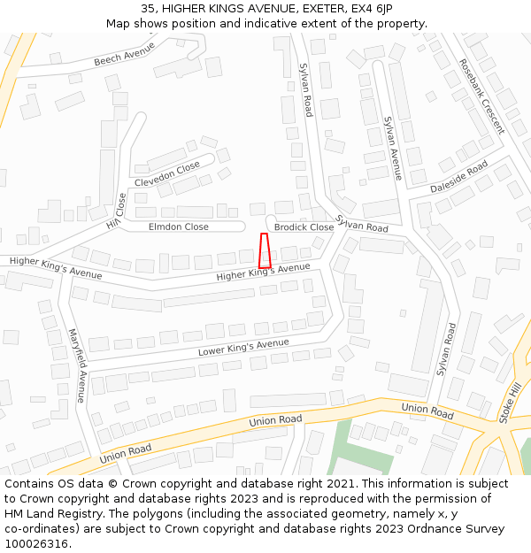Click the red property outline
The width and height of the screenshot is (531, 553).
click(x=264, y=250)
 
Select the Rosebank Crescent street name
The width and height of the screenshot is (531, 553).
click(x=481, y=96)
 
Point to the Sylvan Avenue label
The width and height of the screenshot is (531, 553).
click(x=392, y=148)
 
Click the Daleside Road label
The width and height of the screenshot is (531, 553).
click(x=458, y=177)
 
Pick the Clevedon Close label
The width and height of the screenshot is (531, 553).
click(x=167, y=174)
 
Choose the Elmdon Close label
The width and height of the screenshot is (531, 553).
click(x=178, y=227)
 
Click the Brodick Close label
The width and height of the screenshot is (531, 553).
click(x=304, y=227)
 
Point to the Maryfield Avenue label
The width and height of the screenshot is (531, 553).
click(x=77, y=365)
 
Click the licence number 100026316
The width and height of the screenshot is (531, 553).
click(x=38, y=544)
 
